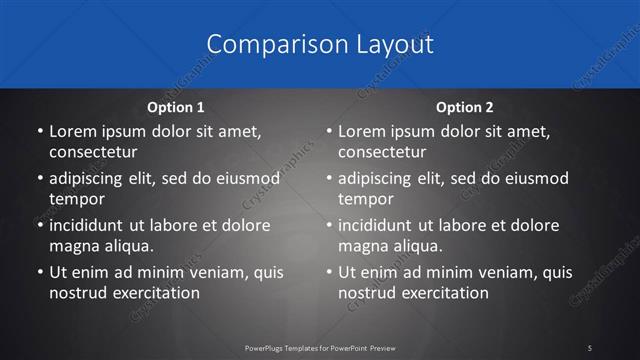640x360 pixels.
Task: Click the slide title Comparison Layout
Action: pos(320,44)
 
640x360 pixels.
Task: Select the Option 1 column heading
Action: pos(175,106)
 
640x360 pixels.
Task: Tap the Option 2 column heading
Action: pos(465,106)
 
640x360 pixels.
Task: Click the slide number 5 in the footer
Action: pos(590,347)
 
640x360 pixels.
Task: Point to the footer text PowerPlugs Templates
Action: pos(300,347)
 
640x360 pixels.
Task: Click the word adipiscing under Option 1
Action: pos(87,179)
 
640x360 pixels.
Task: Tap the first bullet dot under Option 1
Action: pos(38,132)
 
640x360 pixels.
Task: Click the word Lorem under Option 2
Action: pos(361,131)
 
